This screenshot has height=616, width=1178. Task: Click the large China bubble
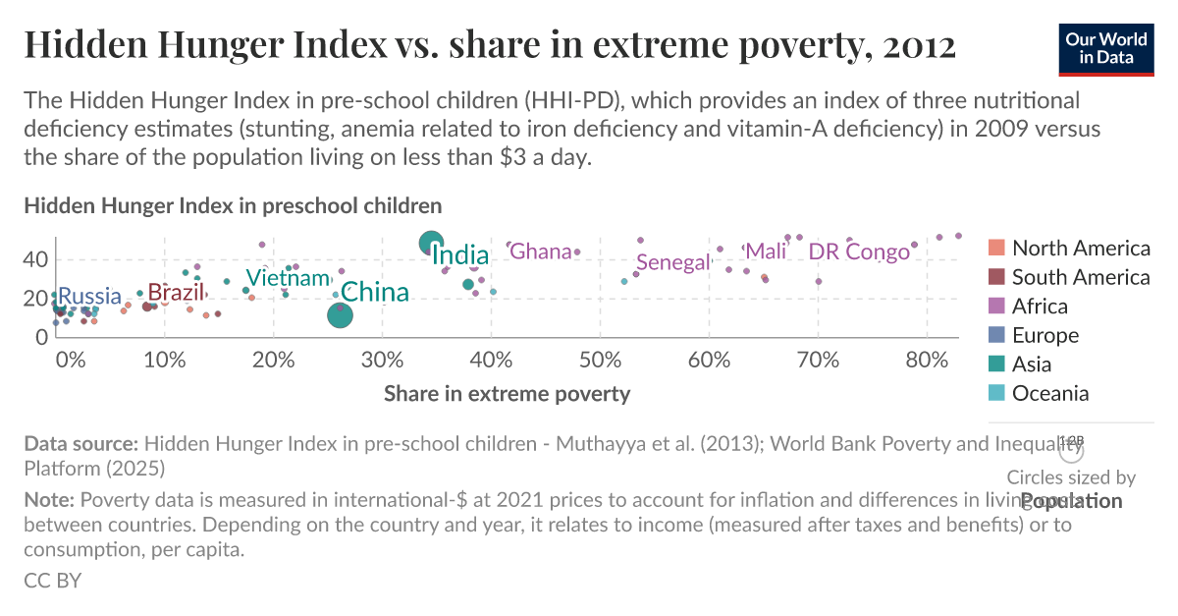pyautogui.click(x=340, y=315)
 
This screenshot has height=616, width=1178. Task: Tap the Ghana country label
pyautogui.click(x=541, y=252)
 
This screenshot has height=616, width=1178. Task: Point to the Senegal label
pyautogui.click(x=672, y=262)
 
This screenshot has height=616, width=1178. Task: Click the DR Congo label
pyautogui.click(x=859, y=252)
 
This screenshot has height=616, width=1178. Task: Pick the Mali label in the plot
pyautogui.click(x=767, y=252)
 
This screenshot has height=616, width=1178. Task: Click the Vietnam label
pyautogui.click(x=287, y=278)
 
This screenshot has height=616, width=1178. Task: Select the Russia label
pyautogui.click(x=89, y=297)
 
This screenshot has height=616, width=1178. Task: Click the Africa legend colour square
pyautogui.click(x=995, y=307)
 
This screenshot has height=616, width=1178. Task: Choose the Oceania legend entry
pyautogui.click(x=1050, y=394)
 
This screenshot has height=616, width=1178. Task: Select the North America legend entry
pyautogui.click(x=1080, y=249)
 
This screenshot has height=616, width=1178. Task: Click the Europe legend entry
pyautogui.click(x=1044, y=336)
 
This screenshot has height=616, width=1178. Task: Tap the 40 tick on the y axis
pyautogui.click(x=35, y=259)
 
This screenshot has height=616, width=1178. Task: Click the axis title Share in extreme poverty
pyautogui.click(x=507, y=394)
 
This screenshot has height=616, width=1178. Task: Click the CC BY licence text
pyautogui.click(x=53, y=581)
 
